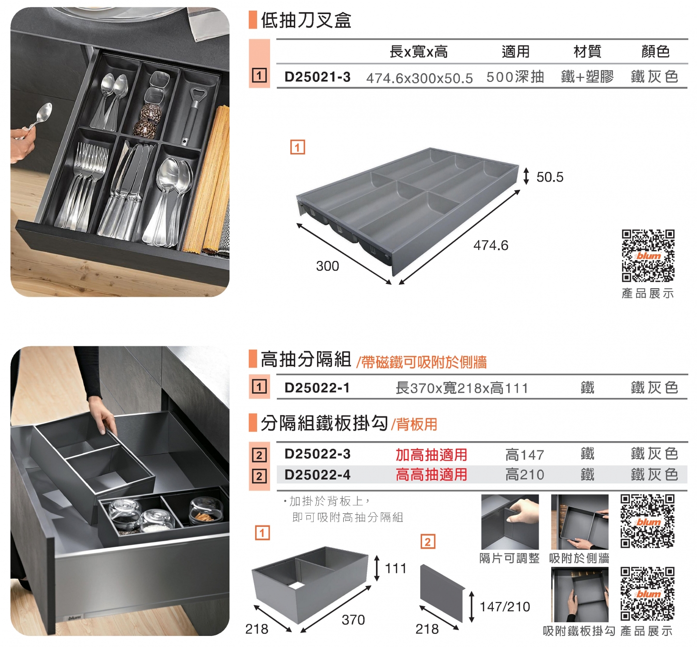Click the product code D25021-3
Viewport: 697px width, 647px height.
[x=317, y=77]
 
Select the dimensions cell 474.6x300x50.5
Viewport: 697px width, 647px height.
[x=419, y=78]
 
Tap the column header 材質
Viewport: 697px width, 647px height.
[x=587, y=51]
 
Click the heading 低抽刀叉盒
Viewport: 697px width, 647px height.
[x=306, y=20]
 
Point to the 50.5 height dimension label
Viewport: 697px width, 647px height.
[x=549, y=177]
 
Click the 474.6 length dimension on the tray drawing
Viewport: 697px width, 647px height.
[x=490, y=246]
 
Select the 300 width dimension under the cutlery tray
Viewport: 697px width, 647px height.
[x=327, y=266]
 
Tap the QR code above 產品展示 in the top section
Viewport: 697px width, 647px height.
[x=648, y=256]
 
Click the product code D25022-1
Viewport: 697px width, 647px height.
[x=317, y=388]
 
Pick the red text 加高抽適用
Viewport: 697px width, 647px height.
[x=431, y=455]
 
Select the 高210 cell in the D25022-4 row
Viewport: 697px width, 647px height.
[x=524, y=475]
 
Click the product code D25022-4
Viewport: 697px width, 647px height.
[x=317, y=475]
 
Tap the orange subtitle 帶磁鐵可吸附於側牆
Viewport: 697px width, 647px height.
[x=422, y=362]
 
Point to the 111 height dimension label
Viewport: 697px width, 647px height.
[x=395, y=569]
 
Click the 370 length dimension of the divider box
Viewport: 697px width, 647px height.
[x=353, y=620]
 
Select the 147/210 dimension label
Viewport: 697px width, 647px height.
[x=504, y=607]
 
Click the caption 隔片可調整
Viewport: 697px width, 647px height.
[x=509, y=558]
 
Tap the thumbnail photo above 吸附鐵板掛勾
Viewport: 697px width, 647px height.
[x=579, y=595]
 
